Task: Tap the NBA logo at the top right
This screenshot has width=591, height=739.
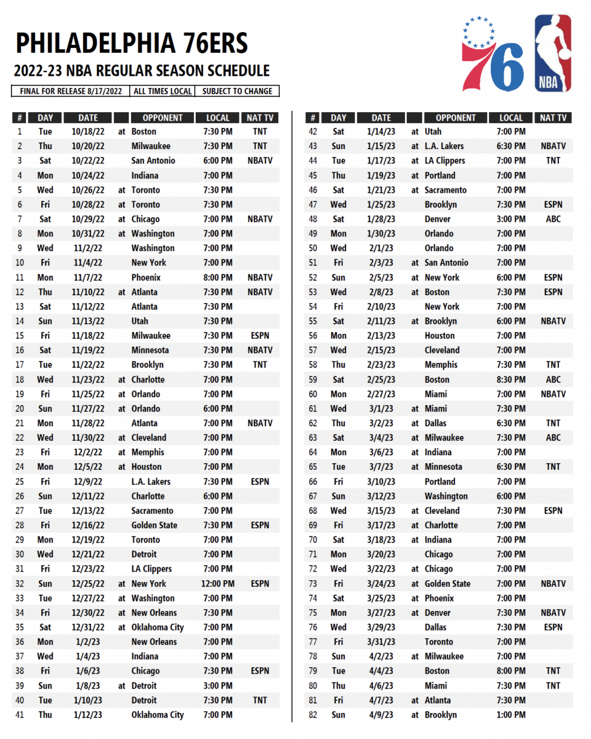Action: pyautogui.click(x=552, y=53)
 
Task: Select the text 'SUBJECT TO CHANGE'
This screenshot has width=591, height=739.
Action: pyautogui.click(x=237, y=91)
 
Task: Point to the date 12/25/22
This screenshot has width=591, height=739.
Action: pyautogui.click(x=88, y=584)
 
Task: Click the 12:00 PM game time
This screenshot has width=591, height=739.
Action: pyautogui.click(x=217, y=584)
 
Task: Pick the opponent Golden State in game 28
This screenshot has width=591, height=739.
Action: pyautogui.click(x=154, y=525)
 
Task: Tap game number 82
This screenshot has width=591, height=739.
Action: pyautogui.click(x=313, y=715)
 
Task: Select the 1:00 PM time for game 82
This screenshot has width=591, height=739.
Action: pyautogui.click(x=511, y=715)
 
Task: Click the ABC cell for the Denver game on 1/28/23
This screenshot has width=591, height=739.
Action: pyautogui.click(x=553, y=219)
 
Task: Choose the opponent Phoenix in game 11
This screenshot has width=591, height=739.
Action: pyautogui.click(x=146, y=278)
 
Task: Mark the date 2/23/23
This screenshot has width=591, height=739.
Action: pyautogui.click(x=381, y=365)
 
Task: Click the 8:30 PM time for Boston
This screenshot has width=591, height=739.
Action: pyautogui.click(x=511, y=380)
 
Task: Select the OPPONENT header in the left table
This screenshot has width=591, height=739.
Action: pyautogui.click(x=163, y=118)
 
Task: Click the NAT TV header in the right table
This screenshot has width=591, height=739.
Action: pyautogui.click(x=553, y=118)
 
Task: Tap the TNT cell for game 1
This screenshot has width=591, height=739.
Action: pyautogui.click(x=260, y=132)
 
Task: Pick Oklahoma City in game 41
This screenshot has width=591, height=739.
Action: pyautogui.click(x=158, y=715)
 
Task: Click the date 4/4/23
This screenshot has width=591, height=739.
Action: pyautogui.click(x=381, y=671)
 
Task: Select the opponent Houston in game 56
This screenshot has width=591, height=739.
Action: pyautogui.click(x=440, y=336)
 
